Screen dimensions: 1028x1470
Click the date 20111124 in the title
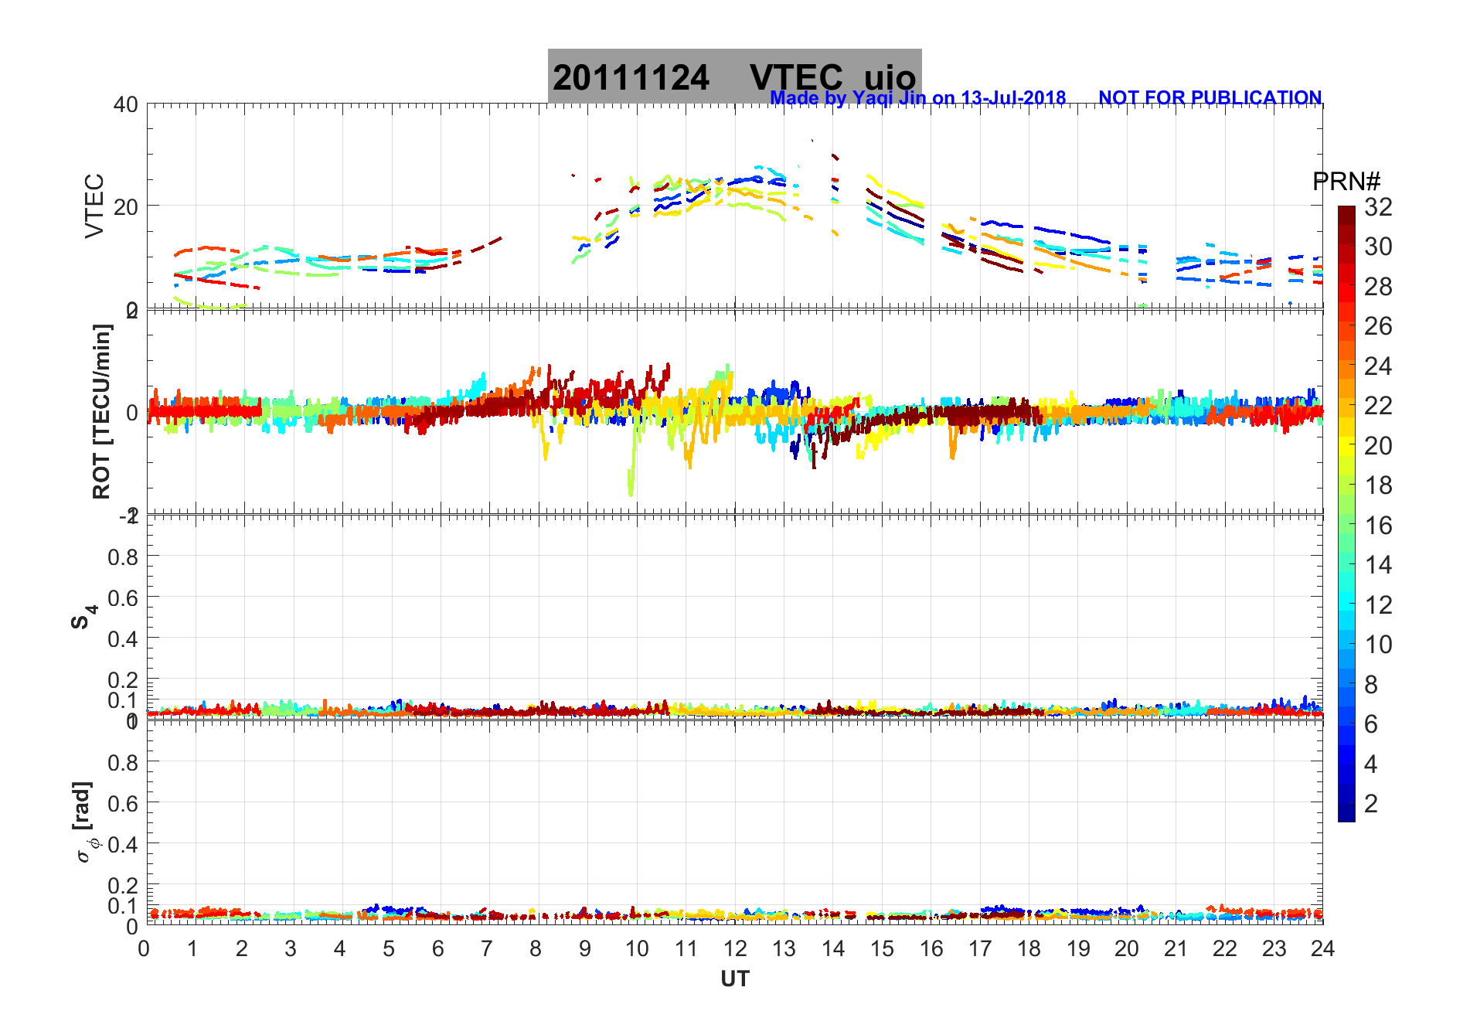click(631, 78)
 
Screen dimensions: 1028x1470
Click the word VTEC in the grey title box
click(796, 78)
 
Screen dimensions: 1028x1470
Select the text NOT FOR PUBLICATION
click(1210, 98)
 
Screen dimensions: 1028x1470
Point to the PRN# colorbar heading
click(1346, 182)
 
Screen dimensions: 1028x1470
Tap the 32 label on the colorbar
click(1378, 207)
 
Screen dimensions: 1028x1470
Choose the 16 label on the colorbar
click(1378, 526)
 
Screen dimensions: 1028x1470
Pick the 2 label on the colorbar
click(1371, 804)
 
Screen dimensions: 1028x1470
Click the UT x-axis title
click(734, 979)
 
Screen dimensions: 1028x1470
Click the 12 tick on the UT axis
click(735, 949)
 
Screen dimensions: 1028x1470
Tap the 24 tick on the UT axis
click(1322, 949)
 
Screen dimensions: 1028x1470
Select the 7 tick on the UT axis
click(487, 949)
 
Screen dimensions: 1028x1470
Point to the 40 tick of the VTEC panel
click(126, 104)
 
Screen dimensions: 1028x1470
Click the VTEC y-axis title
click(94, 206)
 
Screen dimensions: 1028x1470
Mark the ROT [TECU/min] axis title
click(102, 411)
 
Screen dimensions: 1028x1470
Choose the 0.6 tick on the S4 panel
click(123, 597)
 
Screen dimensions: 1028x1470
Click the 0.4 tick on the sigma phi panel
click(123, 844)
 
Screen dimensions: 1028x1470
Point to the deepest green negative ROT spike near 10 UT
click(631, 492)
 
